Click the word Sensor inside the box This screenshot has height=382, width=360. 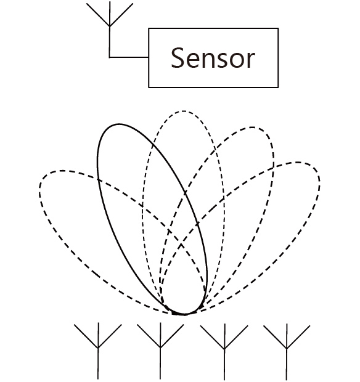pos(213,58)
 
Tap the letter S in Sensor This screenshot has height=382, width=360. pos(178,58)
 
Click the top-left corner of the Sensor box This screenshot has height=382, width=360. pos(149,28)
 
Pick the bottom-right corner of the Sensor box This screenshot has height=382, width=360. pos(278,87)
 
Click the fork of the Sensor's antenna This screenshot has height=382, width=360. pos(110,26)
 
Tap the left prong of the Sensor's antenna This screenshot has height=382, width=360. pos(98,15)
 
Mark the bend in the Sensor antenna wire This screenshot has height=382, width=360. pos(110,57)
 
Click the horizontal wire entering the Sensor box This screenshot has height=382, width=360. pos(129,57)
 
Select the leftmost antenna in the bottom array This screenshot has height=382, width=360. pos(98,351)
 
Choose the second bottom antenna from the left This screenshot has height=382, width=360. pos(160,351)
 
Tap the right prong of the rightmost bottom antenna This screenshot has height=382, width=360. pos(298,336)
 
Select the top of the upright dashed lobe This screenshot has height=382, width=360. pos(183,112)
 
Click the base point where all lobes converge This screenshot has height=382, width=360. pos(184,314)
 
